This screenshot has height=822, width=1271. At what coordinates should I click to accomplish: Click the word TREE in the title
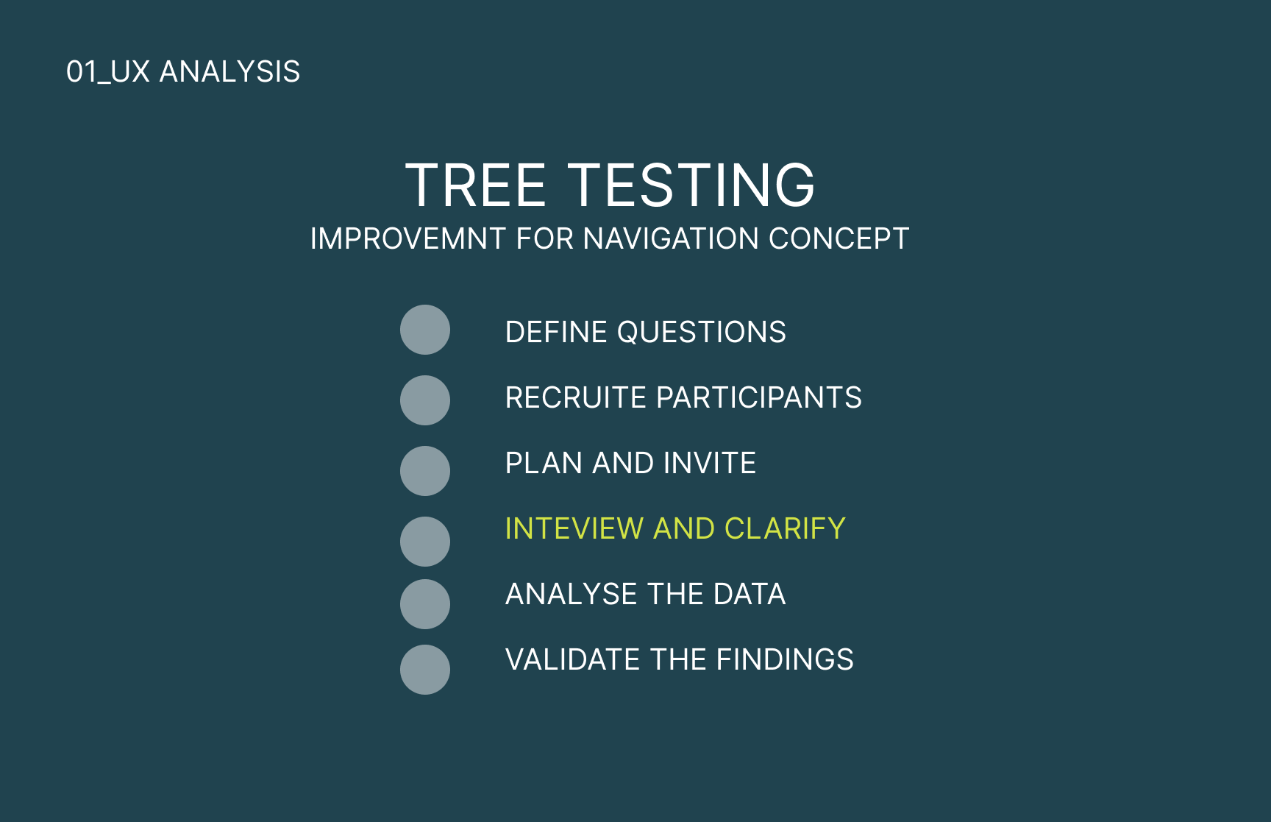pyautogui.click(x=476, y=185)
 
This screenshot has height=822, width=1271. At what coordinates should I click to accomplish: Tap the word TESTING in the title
pyautogui.click(x=691, y=185)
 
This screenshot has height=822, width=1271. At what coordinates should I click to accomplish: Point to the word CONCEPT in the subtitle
pyautogui.click(x=839, y=238)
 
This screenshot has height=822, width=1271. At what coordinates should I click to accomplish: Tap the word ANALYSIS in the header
pyautogui.click(x=230, y=72)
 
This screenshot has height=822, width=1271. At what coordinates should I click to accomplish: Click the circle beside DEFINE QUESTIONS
pyautogui.click(x=425, y=330)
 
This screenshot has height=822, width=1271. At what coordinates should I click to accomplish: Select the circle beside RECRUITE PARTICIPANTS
pyautogui.click(x=425, y=400)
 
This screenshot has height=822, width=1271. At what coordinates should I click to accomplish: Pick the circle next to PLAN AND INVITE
pyautogui.click(x=425, y=471)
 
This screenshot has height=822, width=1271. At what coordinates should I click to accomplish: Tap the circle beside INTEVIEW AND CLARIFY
pyautogui.click(x=425, y=542)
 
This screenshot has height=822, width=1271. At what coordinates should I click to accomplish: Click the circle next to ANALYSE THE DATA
pyautogui.click(x=425, y=604)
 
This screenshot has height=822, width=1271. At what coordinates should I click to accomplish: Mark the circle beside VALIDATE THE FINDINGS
pyautogui.click(x=425, y=670)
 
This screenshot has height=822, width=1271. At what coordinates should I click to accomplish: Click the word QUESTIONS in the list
pyautogui.click(x=702, y=333)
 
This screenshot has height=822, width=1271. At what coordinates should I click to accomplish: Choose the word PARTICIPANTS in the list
pyautogui.click(x=759, y=397)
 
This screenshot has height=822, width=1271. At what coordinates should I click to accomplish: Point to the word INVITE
pyautogui.click(x=710, y=463)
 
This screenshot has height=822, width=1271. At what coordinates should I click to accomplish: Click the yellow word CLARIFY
pyautogui.click(x=786, y=528)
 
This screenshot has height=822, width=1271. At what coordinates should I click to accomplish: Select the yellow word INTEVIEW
pyautogui.click(x=574, y=528)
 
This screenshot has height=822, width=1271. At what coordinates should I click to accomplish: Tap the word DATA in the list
pyautogui.click(x=750, y=594)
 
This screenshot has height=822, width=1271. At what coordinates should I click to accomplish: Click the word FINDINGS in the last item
pyautogui.click(x=785, y=659)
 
